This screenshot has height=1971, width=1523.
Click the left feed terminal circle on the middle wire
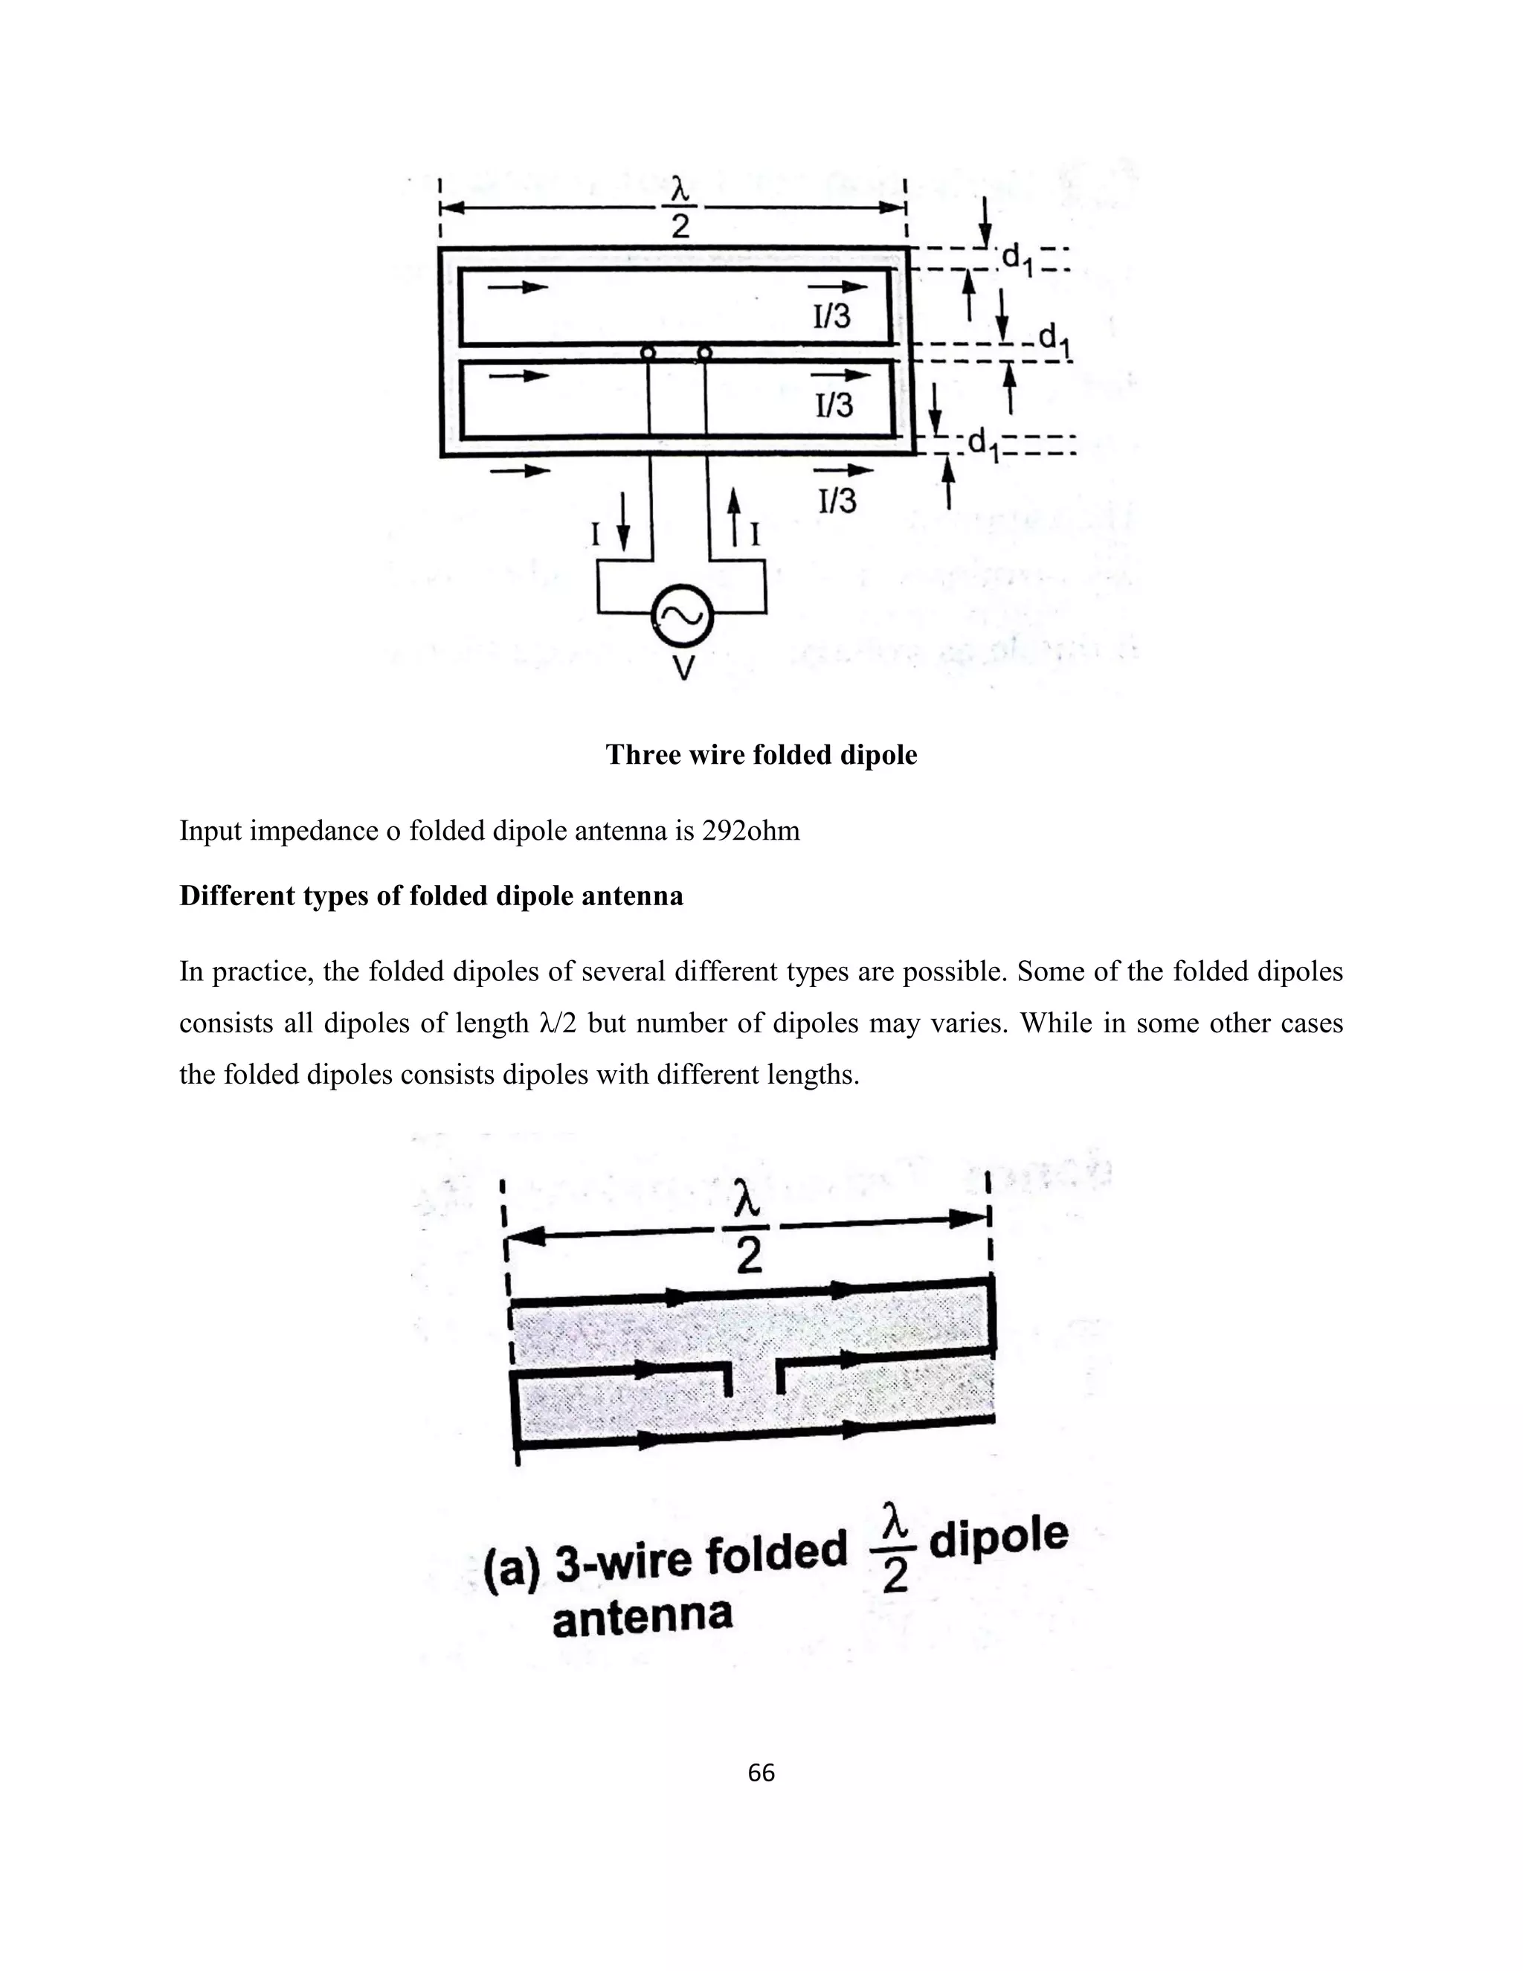pos(648,353)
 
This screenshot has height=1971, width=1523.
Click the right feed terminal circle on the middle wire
pos(705,353)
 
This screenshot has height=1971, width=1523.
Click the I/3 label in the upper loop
pos(831,316)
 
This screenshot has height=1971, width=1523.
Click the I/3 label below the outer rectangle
pos(837,500)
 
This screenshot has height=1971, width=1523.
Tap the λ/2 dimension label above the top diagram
pos(680,208)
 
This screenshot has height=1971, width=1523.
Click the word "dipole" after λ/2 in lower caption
pos(998,1538)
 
